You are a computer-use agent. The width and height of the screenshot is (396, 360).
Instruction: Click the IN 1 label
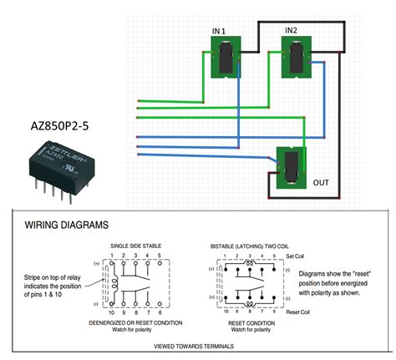220,31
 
